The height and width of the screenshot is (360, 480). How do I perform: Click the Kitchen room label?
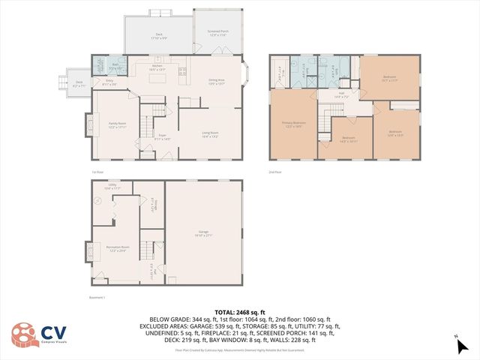click(x=157, y=67)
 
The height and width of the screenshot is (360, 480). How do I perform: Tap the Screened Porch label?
click(x=217, y=33)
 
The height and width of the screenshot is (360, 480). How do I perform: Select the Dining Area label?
click(x=216, y=82)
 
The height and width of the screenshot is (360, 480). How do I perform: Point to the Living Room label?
click(x=209, y=135)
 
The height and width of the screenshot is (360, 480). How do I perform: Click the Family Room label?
click(x=117, y=126)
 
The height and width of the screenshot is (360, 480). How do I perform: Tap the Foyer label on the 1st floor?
click(x=161, y=138)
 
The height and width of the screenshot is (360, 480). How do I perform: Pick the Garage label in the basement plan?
click(x=203, y=235)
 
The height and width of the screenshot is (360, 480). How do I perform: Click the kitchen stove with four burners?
click(x=181, y=71)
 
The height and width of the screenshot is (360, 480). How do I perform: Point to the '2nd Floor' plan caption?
click(x=274, y=172)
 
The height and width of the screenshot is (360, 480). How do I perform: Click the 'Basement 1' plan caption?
click(x=97, y=297)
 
